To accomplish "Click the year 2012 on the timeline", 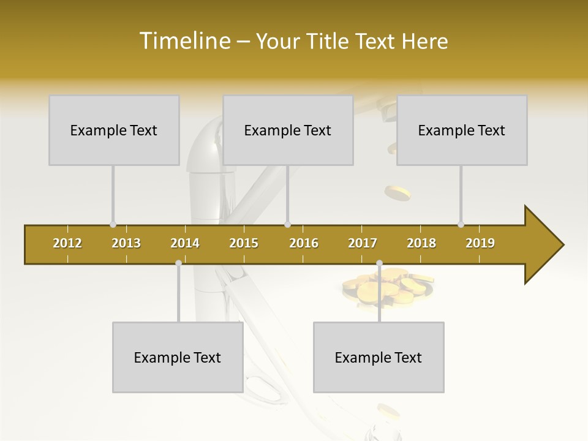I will tap(67, 243).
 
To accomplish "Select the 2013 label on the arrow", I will tap(126, 243).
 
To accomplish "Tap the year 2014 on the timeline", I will tap(185, 243).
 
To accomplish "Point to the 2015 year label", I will tap(244, 243).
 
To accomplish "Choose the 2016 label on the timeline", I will tap(304, 243).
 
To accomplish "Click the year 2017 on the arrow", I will tap(363, 243).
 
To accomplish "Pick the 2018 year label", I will tap(421, 243).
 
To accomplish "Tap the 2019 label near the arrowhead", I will tap(480, 243).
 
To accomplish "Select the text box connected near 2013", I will tap(114, 130).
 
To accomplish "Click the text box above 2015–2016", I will tap(288, 130).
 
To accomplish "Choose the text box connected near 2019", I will tap(462, 130).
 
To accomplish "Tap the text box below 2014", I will tap(178, 357).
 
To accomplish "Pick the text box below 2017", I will tap(379, 357).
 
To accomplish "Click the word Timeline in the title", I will tap(184, 41).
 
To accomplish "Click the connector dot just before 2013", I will tap(113, 225).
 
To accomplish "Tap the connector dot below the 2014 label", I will tap(178, 263).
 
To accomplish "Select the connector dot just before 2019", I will tap(461, 225).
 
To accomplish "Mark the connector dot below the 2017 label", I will tap(379, 263).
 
